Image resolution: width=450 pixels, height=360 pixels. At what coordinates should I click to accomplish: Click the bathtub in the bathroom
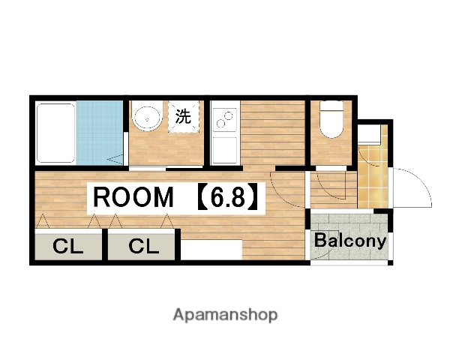(56, 133)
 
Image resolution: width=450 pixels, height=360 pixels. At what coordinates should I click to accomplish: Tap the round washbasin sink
(147, 118)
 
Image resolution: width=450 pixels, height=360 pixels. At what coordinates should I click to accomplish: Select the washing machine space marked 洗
(184, 116)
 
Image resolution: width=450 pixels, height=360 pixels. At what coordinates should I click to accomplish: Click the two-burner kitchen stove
(224, 119)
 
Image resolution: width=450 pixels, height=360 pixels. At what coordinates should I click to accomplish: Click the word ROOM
(133, 197)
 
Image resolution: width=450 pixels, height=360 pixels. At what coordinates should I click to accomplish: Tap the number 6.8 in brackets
(228, 197)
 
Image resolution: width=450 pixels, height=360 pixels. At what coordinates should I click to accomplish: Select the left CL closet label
(68, 246)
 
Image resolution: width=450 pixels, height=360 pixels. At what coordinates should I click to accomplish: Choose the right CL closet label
(144, 246)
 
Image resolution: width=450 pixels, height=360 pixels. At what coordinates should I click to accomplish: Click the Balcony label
(350, 241)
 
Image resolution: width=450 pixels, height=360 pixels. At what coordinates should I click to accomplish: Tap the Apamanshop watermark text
(225, 315)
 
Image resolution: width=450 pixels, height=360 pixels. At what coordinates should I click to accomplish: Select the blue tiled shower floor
(100, 133)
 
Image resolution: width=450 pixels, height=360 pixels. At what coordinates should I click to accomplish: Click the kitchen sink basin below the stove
(224, 150)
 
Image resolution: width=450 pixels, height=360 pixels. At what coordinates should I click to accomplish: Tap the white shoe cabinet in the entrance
(369, 134)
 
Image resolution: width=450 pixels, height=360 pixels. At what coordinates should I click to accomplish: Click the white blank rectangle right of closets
(211, 250)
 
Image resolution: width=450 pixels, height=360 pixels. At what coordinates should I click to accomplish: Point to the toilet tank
(331, 105)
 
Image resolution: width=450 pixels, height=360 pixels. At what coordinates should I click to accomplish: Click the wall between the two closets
(105, 244)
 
